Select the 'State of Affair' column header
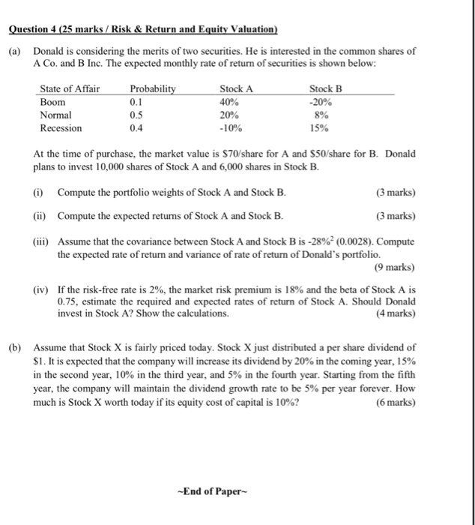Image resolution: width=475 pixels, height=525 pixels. tap(70, 88)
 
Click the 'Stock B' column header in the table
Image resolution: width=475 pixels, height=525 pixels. tap(325, 88)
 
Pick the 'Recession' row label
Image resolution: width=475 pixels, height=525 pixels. tap(61, 127)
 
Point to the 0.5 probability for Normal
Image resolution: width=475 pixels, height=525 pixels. tap(136, 115)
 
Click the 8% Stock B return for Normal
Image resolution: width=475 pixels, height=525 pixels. tap(324, 115)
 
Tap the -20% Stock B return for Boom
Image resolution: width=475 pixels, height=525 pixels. tap(324, 102)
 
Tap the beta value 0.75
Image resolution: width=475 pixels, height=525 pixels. tap(69, 301)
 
